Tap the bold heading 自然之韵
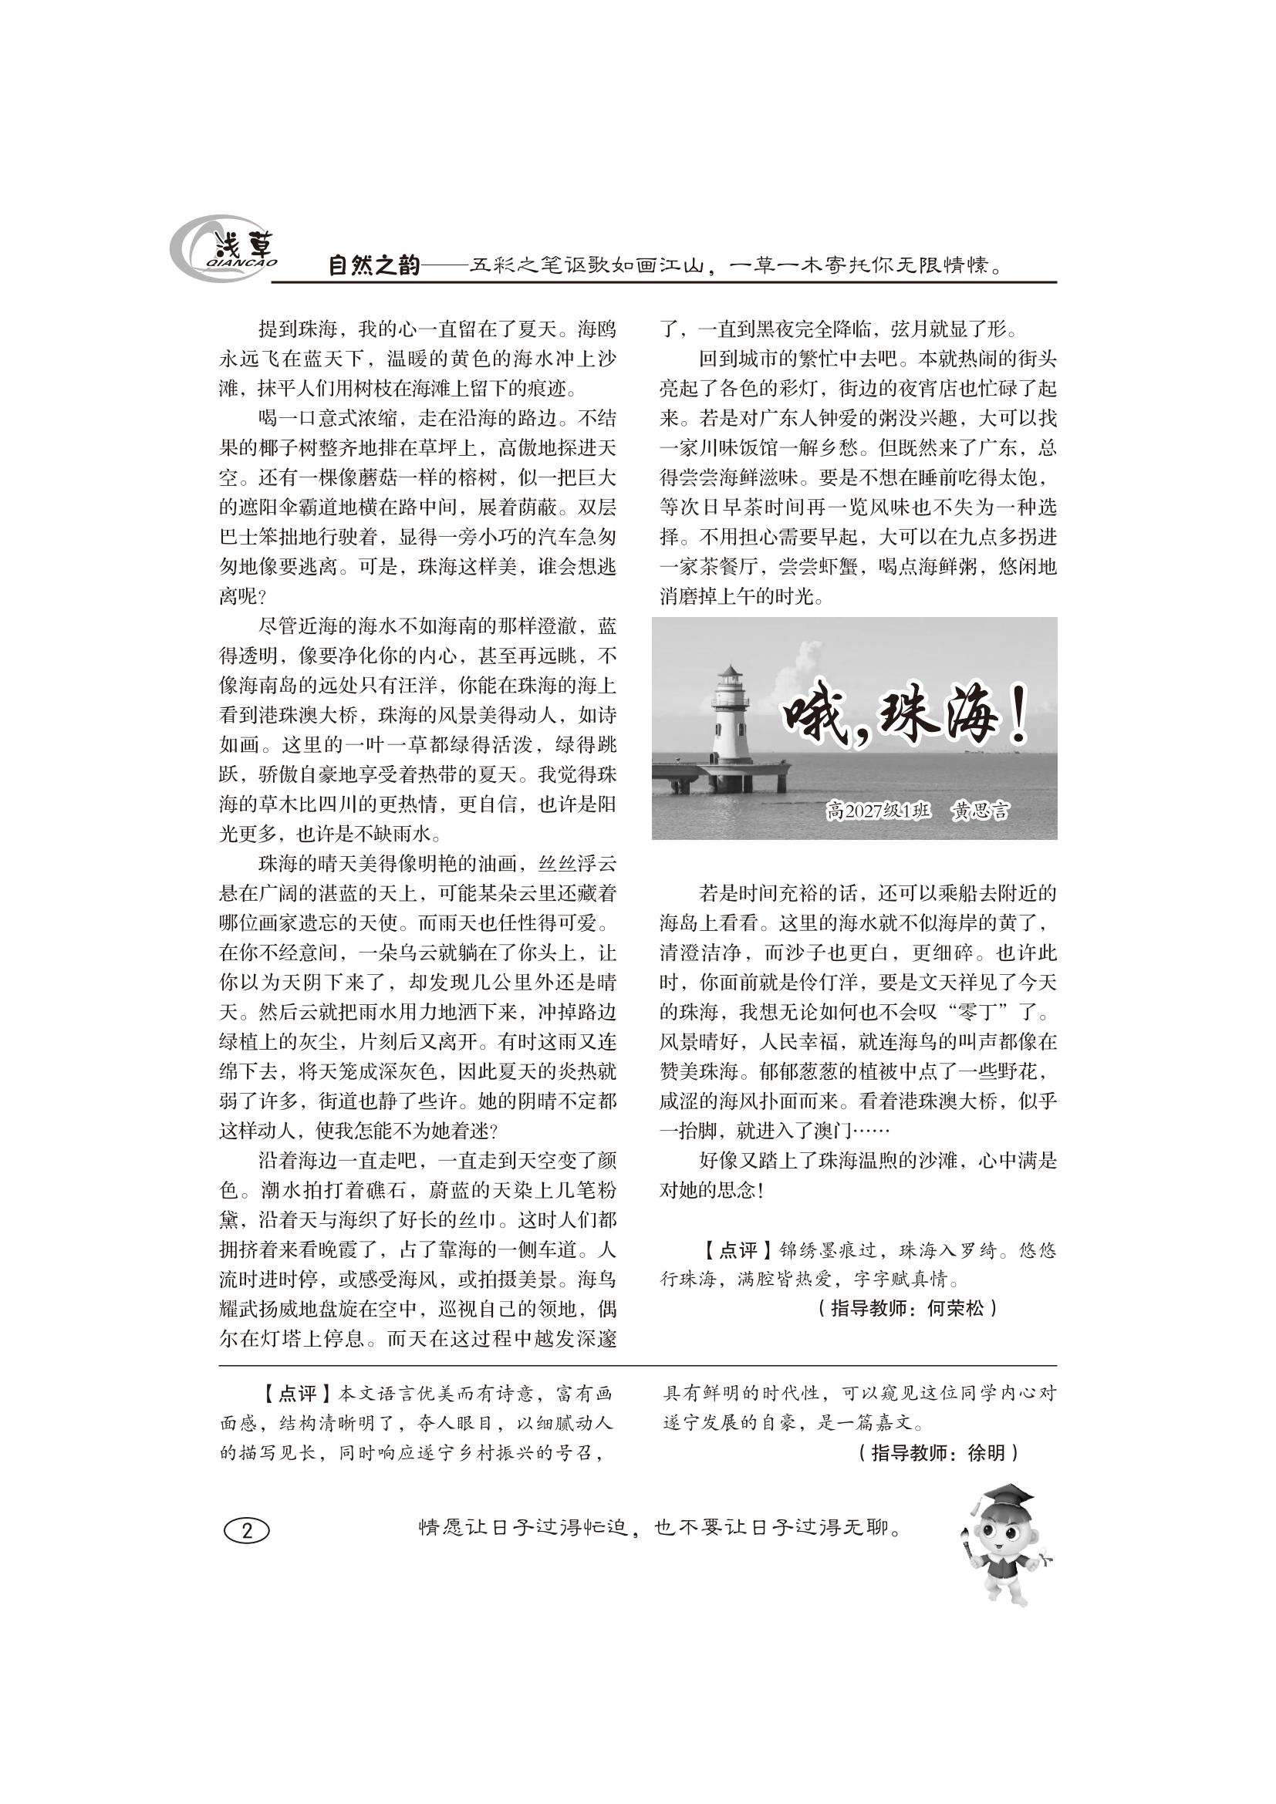pyautogui.click(x=374, y=266)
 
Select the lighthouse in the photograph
pyautogui.click(x=731, y=715)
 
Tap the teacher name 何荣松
pyautogui.click(x=954, y=1308)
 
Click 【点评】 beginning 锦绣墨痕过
pyautogui.click(x=728, y=1250)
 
